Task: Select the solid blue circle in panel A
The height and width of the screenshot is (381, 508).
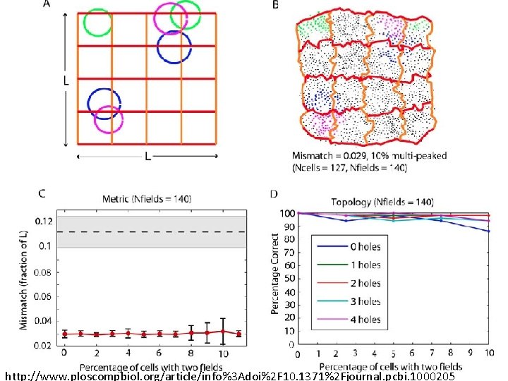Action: [174, 47]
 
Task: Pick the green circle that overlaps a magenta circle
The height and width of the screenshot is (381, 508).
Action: [186, 16]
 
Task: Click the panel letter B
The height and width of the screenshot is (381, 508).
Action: [275, 6]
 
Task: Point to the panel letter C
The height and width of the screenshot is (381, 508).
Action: [42, 193]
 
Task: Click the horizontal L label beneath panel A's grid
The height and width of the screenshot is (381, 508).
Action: [147, 157]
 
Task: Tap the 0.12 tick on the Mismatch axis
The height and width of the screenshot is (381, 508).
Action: [44, 221]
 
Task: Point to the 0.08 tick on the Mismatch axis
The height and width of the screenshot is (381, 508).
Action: [44, 271]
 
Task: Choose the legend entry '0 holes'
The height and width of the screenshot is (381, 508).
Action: [365, 246]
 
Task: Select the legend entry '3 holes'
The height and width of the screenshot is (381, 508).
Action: [365, 301]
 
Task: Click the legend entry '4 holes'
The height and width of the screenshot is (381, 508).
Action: [365, 320]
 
